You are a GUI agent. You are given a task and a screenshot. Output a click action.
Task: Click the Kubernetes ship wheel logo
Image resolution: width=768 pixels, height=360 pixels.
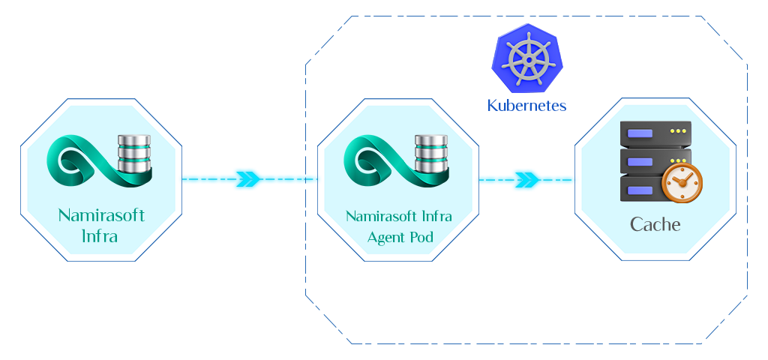(526, 58)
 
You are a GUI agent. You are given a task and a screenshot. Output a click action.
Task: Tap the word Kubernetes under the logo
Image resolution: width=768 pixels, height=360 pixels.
(526, 105)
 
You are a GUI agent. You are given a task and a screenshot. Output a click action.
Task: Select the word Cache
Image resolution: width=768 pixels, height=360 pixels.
(655, 224)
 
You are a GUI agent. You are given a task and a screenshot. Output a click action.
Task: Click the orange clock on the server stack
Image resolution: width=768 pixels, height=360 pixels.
(682, 183)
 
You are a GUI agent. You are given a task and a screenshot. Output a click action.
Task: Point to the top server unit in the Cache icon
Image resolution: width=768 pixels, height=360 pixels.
(654, 133)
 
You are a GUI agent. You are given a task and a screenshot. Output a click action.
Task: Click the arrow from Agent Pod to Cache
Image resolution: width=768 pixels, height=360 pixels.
(527, 180)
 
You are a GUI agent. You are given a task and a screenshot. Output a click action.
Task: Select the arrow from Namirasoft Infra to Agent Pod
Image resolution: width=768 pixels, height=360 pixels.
(248, 180)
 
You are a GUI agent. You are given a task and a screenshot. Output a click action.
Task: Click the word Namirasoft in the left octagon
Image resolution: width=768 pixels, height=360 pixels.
(101, 216)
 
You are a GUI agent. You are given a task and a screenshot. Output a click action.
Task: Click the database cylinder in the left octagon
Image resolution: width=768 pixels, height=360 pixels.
(135, 153)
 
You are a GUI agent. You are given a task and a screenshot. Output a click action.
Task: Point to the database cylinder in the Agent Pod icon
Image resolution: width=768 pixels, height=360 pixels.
(431, 153)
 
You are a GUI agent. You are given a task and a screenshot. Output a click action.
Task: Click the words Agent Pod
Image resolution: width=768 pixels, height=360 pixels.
(400, 238)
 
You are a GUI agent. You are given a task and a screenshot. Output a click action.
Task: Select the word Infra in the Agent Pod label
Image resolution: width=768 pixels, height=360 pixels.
(436, 217)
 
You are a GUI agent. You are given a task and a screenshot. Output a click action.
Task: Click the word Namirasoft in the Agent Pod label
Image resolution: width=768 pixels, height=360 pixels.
(380, 217)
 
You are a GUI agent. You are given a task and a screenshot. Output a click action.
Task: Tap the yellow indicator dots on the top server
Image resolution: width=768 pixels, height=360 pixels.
(678, 131)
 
